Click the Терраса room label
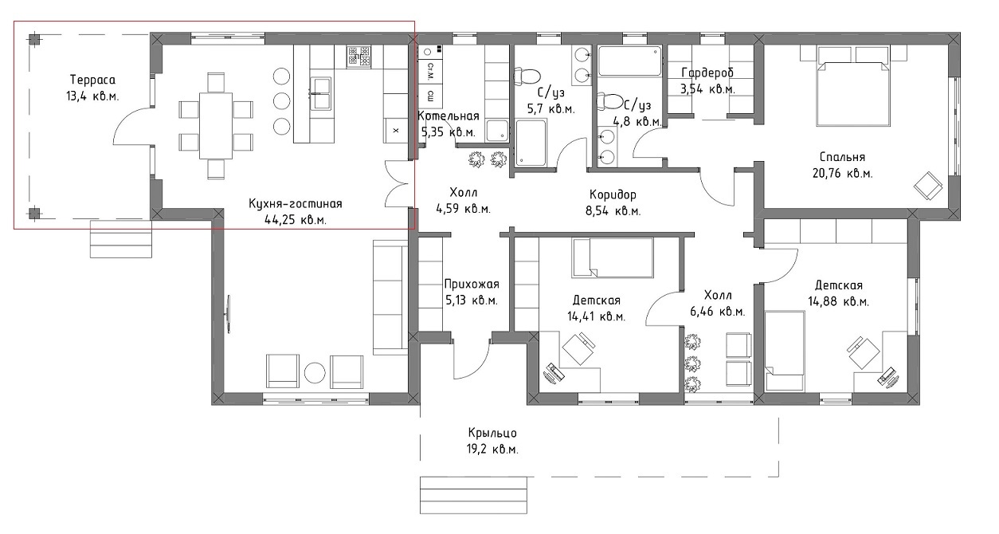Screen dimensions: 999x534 point(92,80)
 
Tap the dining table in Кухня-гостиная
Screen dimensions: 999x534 point(216,125)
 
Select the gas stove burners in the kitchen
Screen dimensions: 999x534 point(359,57)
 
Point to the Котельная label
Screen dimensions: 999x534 point(449,116)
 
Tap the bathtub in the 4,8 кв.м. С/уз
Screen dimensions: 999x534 point(629,61)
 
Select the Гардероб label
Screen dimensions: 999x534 point(707,73)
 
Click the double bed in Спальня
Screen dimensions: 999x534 point(852,94)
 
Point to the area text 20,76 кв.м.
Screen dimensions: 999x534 point(843,173)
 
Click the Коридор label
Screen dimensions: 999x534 point(613,194)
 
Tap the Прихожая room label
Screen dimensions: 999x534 point(472,284)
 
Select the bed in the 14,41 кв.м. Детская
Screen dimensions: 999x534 point(613,257)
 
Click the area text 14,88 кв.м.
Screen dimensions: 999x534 point(838,301)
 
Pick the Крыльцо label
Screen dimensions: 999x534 point(492,433)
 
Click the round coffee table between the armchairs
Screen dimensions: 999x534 point(315,372)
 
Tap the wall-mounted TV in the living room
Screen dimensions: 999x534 point(229,314)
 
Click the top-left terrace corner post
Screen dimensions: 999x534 point(34,39)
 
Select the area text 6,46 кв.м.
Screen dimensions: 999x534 point(718,312)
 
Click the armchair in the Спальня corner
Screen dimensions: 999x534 point(928,186)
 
